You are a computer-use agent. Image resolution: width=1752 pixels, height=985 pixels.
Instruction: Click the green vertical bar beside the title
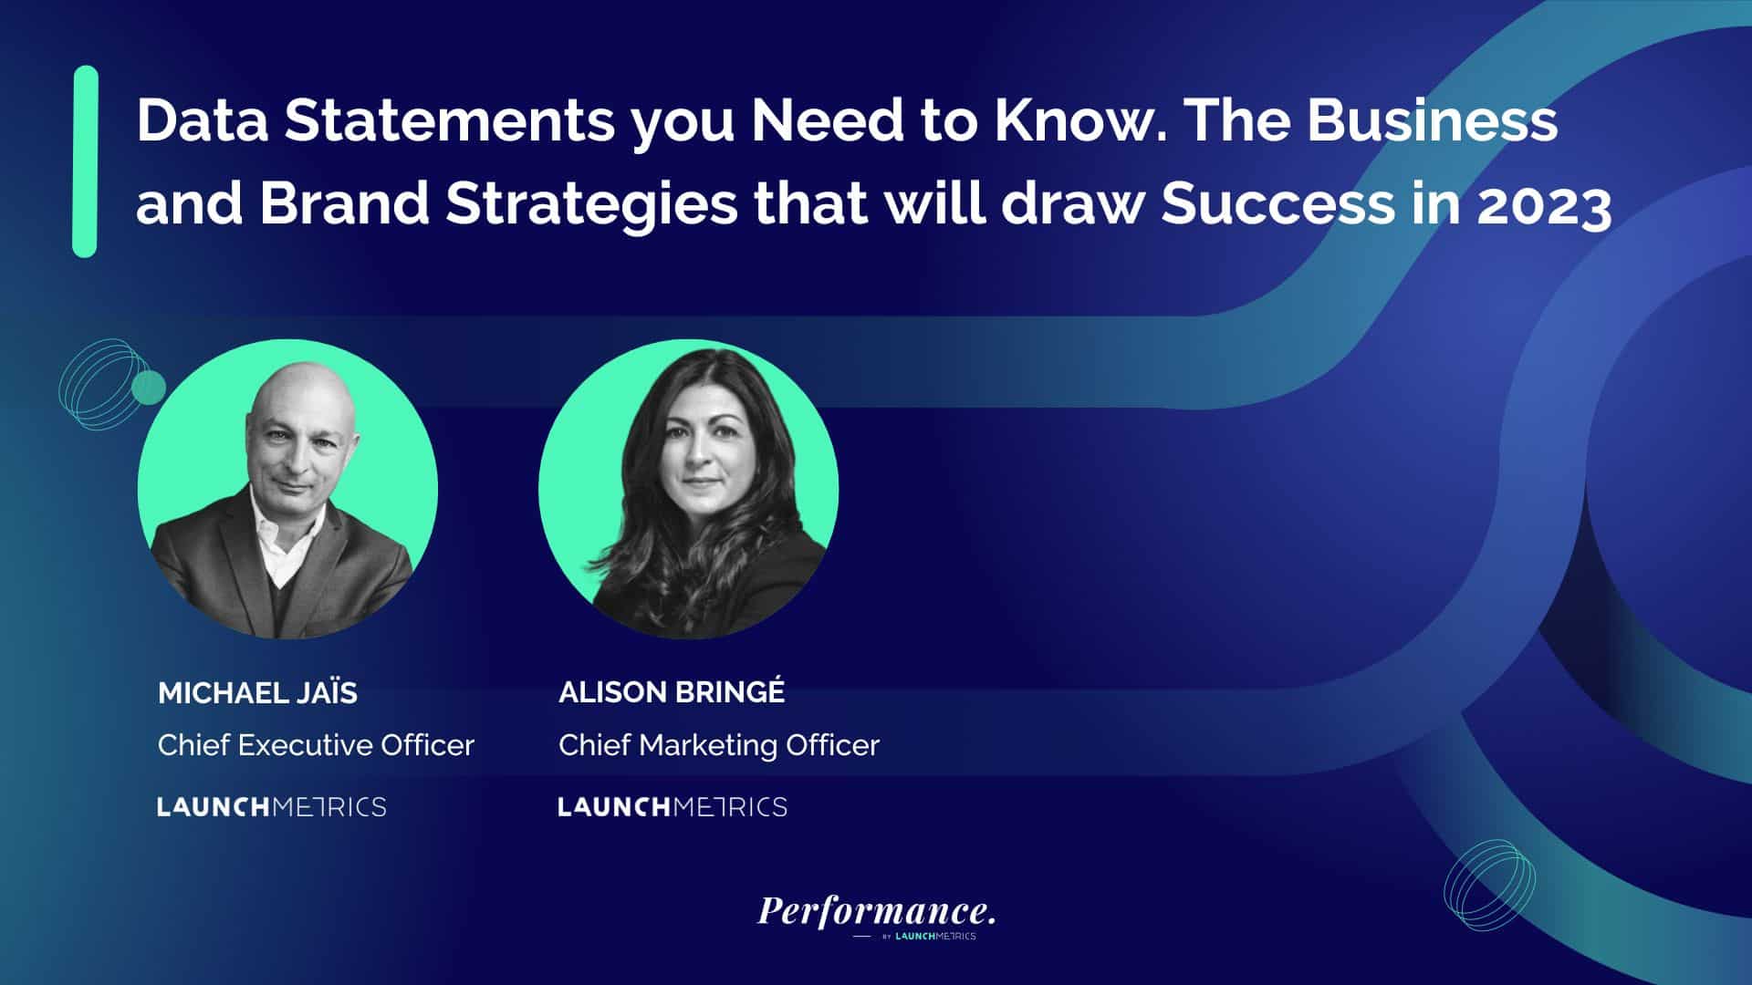click(x=85, y=161)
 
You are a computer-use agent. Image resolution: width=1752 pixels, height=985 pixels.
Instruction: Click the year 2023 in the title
click(x=1544, y=204)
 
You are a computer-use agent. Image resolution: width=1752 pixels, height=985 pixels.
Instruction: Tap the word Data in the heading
click(x=202, y=120)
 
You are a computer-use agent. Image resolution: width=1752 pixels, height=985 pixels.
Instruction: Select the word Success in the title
click(x=1277, y=203)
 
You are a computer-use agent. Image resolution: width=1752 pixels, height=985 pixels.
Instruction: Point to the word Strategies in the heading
click(x=591, y=204)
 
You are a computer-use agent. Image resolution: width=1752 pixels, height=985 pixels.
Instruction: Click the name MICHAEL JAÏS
click(x=257, y=693)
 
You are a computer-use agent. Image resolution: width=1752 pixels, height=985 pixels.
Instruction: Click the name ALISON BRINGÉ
click(x=672, y=692)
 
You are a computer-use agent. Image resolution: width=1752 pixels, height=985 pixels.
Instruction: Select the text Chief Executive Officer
click(x=316, y=745)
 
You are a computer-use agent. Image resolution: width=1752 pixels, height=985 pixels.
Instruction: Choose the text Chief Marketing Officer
click(x=719, y=745)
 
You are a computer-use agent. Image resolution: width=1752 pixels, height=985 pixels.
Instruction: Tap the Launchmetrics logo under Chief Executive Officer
click(x=272, y=807)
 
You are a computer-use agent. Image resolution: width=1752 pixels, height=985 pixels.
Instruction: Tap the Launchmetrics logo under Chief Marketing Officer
click(x=673, y=807)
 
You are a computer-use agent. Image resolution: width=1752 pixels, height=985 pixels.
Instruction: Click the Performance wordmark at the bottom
click(x=876, y=910)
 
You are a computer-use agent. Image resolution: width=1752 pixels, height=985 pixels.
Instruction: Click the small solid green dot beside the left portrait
click(x=149, y=388)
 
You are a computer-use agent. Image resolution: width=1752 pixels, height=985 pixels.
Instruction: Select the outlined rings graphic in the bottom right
click(x=1489, y=886)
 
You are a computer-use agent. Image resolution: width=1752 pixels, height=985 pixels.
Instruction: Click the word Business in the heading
click(x=1433, y=120)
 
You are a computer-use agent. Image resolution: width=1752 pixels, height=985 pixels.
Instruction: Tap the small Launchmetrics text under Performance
click(x=935, y=936)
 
